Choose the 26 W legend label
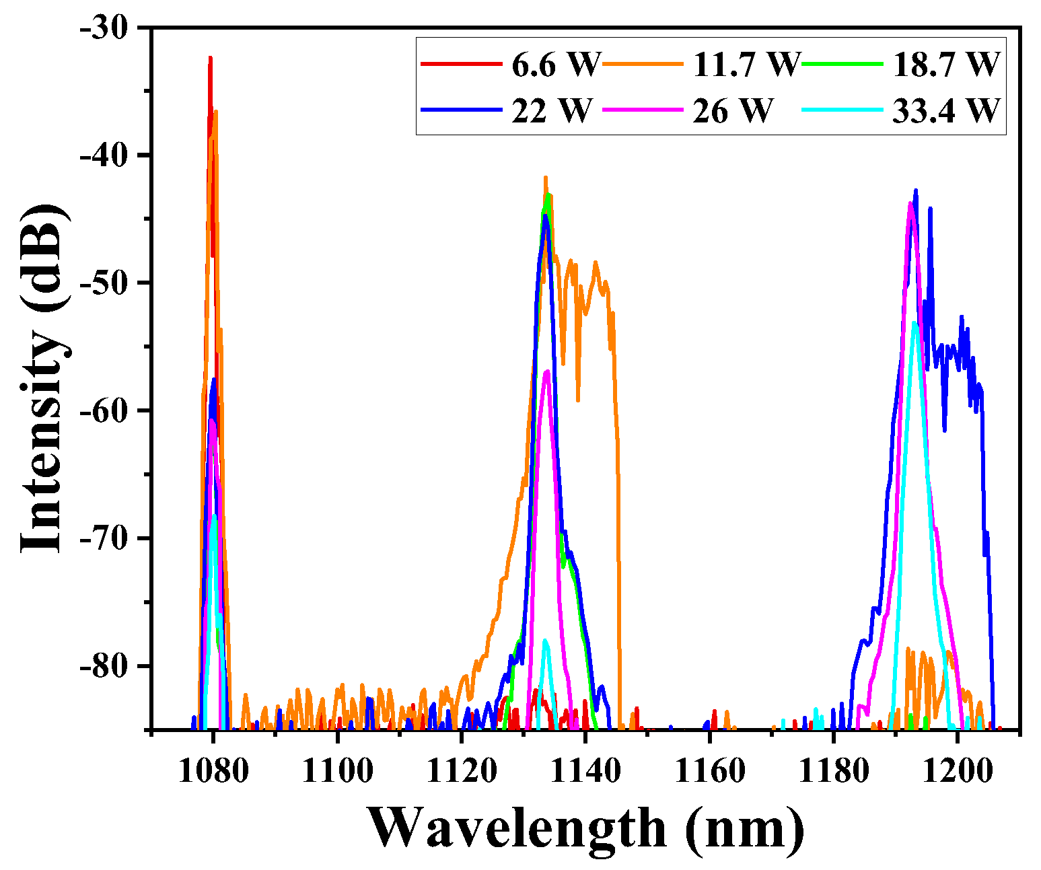(733, 110)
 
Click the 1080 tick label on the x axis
(213, 771)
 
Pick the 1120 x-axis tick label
(462, 771)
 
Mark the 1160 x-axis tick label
(709, 771)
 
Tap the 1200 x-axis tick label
(958, 771)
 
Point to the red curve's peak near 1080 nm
(210, 59)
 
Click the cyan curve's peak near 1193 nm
(914, 323)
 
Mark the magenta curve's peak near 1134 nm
(548, 371)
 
